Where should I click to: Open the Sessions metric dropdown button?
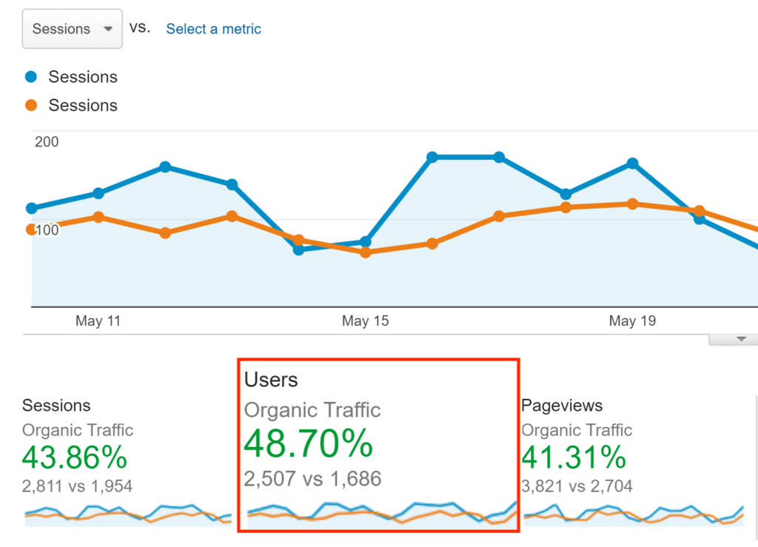[72, 29]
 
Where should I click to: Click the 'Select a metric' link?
[213, 29]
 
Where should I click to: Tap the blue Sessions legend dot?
[31, 77]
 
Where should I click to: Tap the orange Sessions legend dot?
[31, 105]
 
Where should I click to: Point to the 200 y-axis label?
[47, 141]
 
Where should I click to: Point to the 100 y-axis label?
[47, 230]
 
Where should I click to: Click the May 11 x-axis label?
[98, 321]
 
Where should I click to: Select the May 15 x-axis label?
[365, 321]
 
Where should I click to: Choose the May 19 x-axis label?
[632, 321]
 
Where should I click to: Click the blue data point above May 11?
[98, 193]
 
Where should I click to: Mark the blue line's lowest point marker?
[298, 249]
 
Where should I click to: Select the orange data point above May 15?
[365, 252]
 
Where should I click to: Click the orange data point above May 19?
[632, 204]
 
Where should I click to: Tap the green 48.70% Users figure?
[308, 444]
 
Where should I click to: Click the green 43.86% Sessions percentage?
[74, 458]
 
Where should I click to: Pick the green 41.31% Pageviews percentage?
[574, 458]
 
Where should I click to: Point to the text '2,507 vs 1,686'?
[312, 479]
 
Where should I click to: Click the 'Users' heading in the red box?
[271, 380]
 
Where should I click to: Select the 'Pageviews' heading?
[562, 406]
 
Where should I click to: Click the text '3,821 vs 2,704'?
[577, 486]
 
